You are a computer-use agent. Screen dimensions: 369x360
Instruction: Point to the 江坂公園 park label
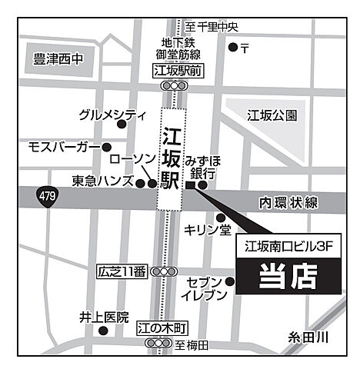tap(272, 116)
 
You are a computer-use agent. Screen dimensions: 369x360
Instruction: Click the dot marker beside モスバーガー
tap(106, 146)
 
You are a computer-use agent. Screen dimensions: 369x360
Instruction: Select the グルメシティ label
tap(112, 115)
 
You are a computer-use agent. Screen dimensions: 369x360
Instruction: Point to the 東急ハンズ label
tap(103, 181)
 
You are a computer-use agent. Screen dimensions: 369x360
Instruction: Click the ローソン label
tap(133, 158)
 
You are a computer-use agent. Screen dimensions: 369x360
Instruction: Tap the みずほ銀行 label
tap(202, 165)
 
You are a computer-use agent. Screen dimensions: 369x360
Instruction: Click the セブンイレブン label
tap(205, 289)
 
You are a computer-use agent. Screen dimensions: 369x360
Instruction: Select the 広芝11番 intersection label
tap(122, 271)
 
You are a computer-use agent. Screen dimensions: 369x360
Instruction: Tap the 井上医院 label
tap(103, 317)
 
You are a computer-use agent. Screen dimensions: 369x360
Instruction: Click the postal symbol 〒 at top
tap(244, 48)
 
